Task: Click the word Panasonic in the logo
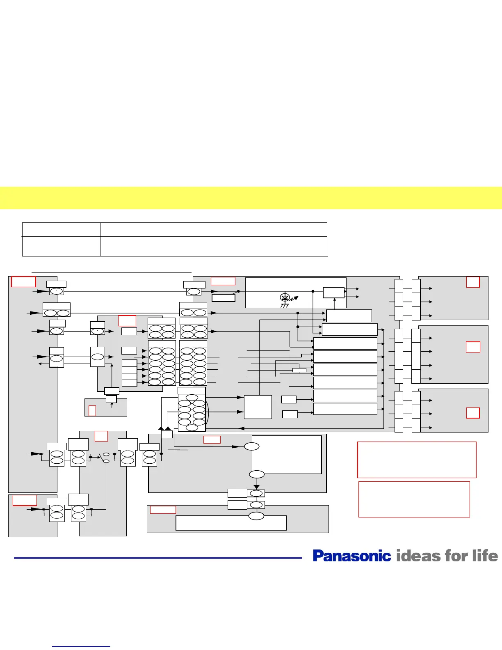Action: [352, 556]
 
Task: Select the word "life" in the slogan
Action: [485, 556]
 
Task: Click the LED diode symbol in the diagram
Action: [285, 297]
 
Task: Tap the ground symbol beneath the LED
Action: [284, 305]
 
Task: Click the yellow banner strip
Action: [251, 198]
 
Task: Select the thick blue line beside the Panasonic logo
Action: [158, 558]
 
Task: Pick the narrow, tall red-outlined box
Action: [92, 411]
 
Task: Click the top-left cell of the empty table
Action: [61, 230]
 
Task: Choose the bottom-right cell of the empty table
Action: [213, 247]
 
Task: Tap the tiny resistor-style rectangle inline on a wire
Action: [299, 370]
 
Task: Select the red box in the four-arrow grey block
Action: [473, 347]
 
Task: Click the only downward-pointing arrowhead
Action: [256, 487]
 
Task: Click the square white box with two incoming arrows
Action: [258, 407]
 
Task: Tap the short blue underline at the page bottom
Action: [82, 646]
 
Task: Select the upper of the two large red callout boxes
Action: [417, 460]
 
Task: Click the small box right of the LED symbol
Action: [333, 293]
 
